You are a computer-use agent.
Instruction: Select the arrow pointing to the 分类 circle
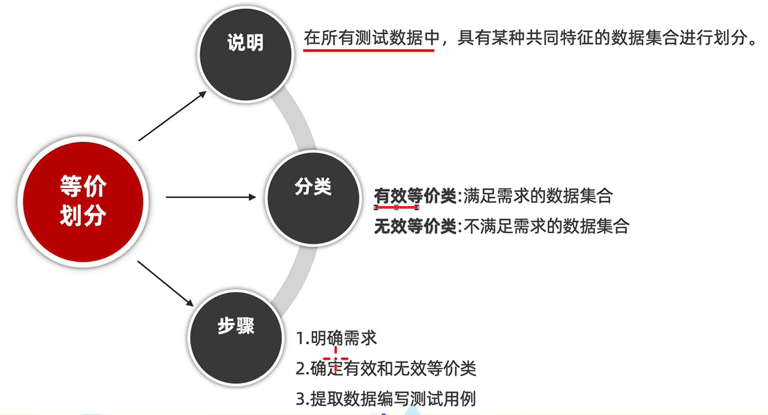pos(210,197)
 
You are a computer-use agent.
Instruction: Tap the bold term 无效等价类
pos(415,226)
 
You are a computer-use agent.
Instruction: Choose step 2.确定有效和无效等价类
pos(386,369)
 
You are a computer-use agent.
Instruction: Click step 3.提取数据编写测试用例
pos(386,398)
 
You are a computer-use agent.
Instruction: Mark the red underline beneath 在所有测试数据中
pos(370,51)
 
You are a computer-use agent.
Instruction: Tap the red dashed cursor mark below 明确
pos(336,353)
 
